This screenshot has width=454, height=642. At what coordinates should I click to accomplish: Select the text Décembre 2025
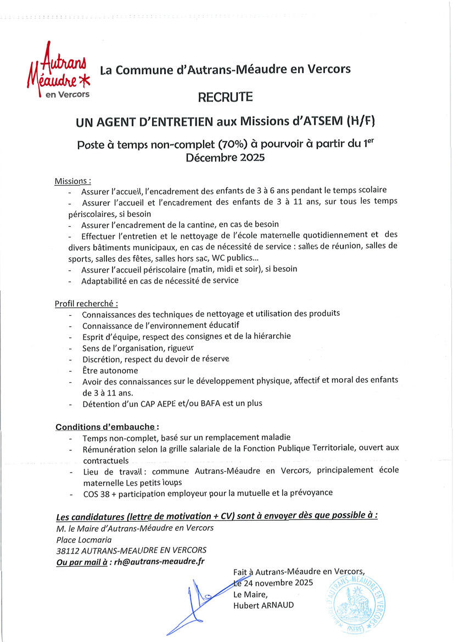pos(225,158)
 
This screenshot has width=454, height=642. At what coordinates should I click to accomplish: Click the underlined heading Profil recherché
pos(86,303)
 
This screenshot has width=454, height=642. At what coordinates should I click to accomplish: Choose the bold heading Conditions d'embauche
pos(107,427)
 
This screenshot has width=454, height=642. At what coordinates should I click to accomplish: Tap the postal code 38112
pos(68,550)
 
